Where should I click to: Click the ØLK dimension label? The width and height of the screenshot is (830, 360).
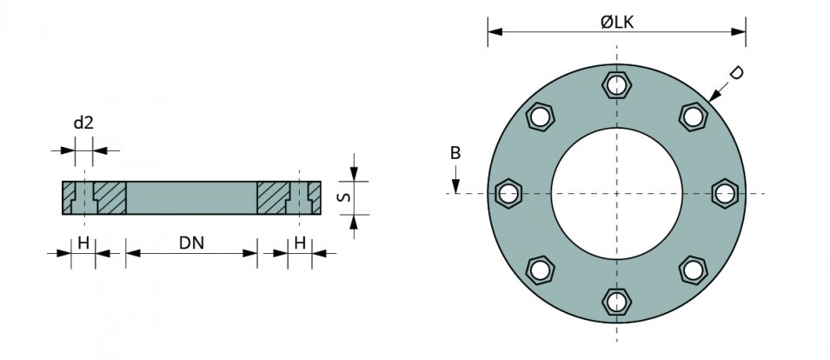point(617,22)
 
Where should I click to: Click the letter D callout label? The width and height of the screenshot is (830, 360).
point(735,74)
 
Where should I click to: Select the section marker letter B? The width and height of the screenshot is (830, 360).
point(455,153)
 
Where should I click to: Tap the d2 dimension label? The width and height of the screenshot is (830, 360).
point(83,123)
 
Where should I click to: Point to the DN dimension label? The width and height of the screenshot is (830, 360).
point(191,243)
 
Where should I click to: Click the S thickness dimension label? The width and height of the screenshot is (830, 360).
point(343,197)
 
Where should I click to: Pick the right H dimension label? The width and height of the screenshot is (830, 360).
point(299,243)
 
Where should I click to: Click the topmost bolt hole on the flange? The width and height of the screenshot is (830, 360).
point(616,85)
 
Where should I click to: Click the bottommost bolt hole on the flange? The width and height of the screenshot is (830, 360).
point(616,301)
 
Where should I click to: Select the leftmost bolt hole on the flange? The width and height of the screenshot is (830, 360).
point(508,193)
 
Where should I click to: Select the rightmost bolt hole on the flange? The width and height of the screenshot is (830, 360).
point(724,193)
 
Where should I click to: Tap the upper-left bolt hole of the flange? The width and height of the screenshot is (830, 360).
point(540,117)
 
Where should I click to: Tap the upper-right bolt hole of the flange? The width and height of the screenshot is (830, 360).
point(693,117)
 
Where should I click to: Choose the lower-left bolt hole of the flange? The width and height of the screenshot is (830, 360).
point(540,270)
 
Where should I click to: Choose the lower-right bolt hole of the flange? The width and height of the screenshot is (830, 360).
point(693,270)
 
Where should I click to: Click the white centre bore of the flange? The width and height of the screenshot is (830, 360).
point(616,193)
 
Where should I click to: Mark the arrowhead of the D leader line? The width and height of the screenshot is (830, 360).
point(713,100)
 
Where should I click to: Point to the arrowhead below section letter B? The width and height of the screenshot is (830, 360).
point(455,189)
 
